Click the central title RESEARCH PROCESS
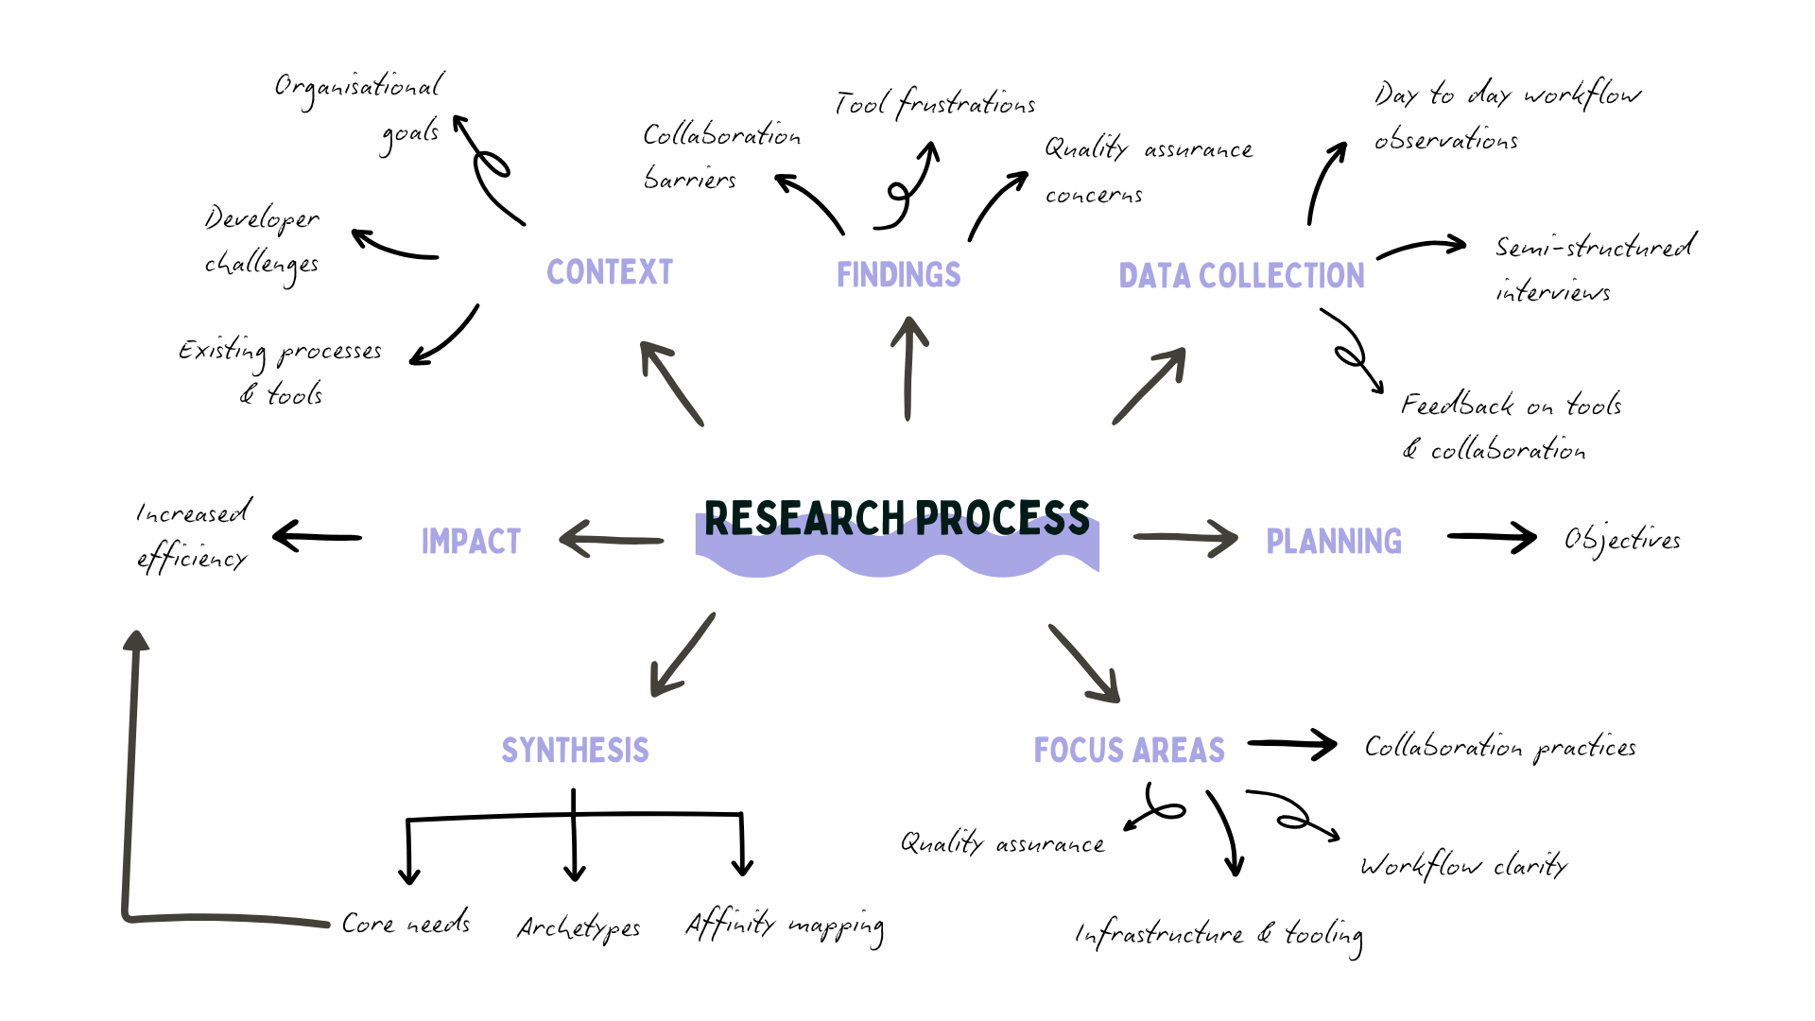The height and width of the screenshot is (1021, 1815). coord(896,519)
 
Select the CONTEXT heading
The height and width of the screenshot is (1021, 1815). coord(610,272)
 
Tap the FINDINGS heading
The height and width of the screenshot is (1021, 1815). coord(898,275)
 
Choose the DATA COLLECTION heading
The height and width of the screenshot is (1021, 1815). coord(1241,276)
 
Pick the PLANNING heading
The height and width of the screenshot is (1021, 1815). coord(1333,542)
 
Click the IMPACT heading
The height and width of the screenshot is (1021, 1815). coord(471,542)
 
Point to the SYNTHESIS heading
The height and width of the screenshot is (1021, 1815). coord(575,751)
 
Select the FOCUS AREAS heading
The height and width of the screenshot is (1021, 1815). coord(1129,751)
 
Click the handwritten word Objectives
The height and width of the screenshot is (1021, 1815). coord(1622,540)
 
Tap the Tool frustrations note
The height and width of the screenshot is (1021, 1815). coord(935,102)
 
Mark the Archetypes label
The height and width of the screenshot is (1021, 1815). coord(579,928)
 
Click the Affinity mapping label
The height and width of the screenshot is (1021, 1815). coord(785,925)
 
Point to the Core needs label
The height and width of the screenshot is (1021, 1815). coord(406,923)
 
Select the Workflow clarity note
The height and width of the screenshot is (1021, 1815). coord(1463,865)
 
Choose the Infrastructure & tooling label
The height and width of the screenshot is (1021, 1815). coord(1219,935)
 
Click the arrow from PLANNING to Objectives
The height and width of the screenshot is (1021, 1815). coord(1491,537)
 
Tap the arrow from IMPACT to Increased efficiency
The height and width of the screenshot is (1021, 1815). coord(318,537)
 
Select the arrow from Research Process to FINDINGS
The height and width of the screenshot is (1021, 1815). coord(908,370)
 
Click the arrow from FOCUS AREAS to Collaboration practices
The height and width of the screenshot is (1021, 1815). coord(1291,745)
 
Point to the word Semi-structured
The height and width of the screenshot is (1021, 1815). coord(1595,248)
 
